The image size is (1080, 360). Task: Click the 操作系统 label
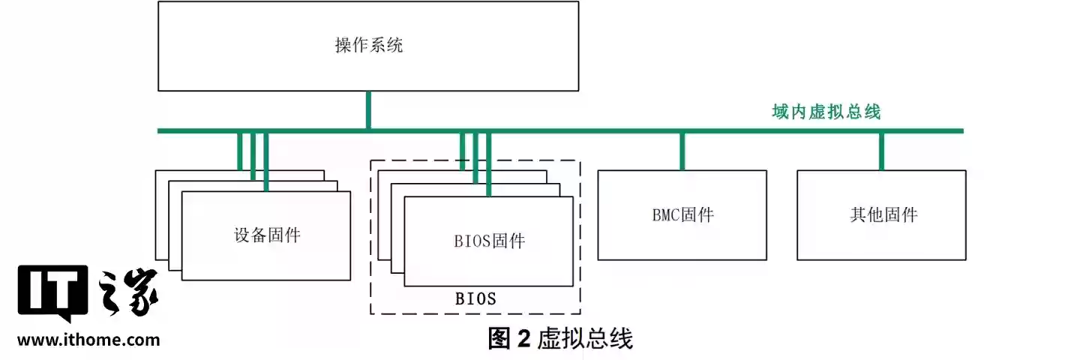point(368,46)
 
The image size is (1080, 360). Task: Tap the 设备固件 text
point(266,235)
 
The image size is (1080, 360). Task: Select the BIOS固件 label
point(489,241)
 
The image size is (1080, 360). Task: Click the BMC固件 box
point(682,215)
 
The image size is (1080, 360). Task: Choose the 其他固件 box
point(882,215)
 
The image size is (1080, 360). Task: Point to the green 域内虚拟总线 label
point(826,112)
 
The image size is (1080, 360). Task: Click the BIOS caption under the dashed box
point(475,298)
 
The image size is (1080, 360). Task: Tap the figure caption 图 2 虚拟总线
point(560,339)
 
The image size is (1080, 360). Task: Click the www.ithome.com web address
point(88,340)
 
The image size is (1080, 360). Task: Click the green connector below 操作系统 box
point(368,110)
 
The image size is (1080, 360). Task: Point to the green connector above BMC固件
point(682,151)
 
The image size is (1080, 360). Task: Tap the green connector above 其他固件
point(881,151)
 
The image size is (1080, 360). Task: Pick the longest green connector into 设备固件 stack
point(266,162)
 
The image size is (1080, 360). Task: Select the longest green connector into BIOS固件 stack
point(489,165)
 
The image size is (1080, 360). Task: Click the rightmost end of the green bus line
point(960,131)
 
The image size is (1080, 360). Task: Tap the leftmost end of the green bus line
point(160,131)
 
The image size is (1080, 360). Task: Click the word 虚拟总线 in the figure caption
point(586,339)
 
